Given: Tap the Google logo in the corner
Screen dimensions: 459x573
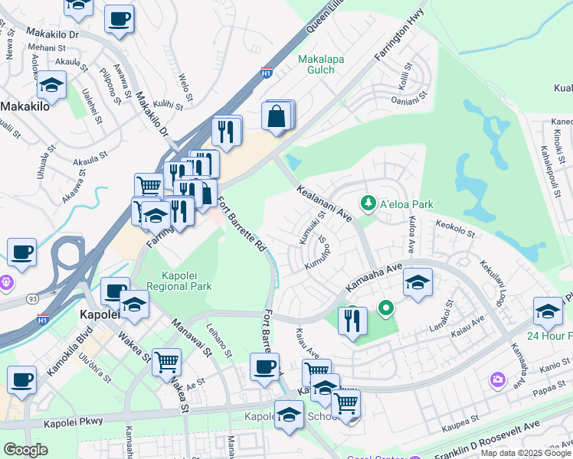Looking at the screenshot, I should pos(25,450).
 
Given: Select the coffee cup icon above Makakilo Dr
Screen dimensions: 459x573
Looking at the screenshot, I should pos(119,18).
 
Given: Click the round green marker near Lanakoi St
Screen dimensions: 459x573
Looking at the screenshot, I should pos(386,309).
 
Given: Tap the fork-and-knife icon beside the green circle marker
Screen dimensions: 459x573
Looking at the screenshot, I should pos(352,320).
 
